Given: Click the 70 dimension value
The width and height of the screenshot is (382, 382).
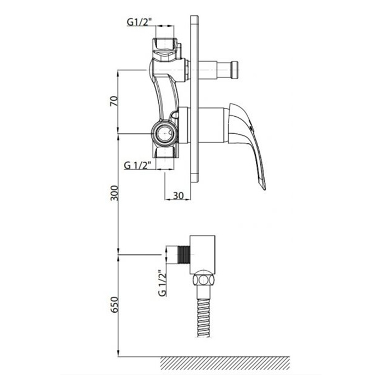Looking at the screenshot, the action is (x=114, y=101).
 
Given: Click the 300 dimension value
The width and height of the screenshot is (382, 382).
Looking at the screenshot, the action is (x=114, y=193).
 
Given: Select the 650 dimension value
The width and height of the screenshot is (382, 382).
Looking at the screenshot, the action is (x=114, y=305).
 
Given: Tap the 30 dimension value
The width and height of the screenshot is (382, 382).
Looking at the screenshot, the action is (x=178, y=195).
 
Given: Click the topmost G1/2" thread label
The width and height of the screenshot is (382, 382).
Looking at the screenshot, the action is (x=139, y=22).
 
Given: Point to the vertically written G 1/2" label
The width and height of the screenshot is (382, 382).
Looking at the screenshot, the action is (x=162, y=283).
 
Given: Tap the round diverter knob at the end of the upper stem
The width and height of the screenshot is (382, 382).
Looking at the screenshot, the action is (x=234, y=70).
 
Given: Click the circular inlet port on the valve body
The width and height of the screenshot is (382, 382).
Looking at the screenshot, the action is (x=165, y=133).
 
